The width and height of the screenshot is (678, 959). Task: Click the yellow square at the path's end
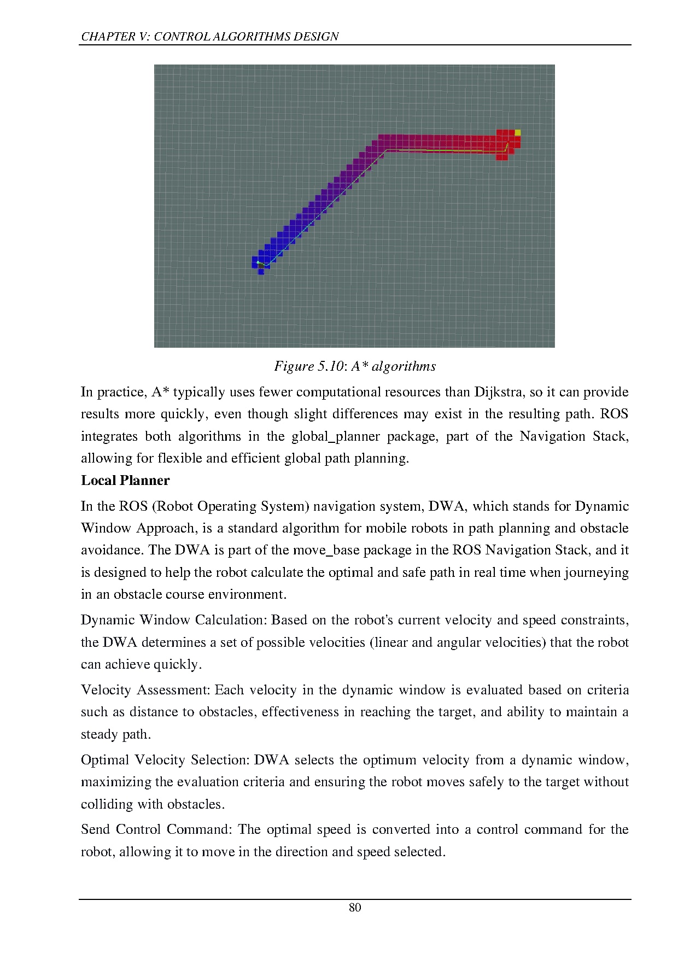pos(518,132)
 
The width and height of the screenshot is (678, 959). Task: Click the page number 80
pos(355,908)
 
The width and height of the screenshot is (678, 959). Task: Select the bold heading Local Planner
pos(125,481)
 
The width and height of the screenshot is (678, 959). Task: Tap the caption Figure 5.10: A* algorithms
pos(355,366)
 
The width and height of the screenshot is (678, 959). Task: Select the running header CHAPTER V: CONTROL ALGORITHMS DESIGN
pos(209,37)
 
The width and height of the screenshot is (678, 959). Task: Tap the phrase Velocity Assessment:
pos(145,690)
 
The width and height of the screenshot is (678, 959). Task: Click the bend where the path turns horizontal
pos(387,149)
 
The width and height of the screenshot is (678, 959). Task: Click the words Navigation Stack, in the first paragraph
pos(574,436)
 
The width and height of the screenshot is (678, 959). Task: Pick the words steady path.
pos(115,734)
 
